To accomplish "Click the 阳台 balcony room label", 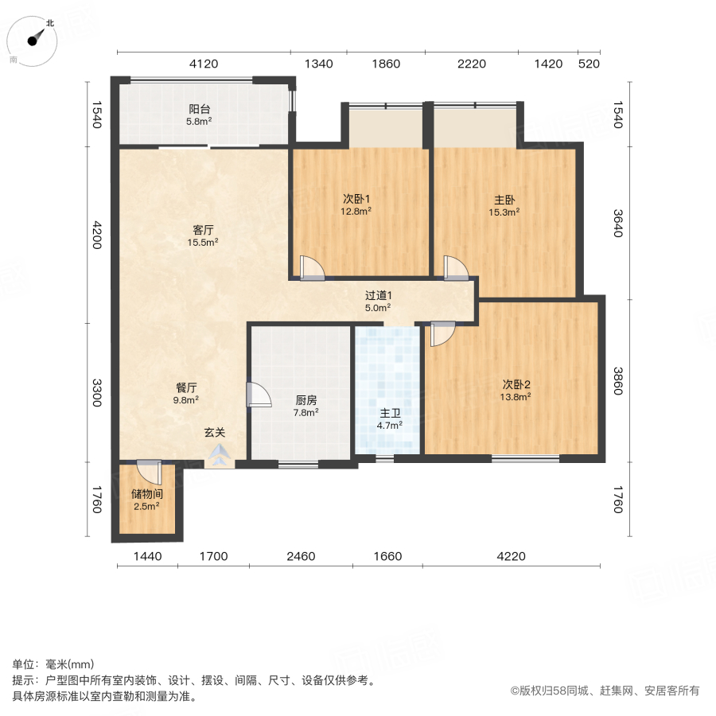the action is [200, 109].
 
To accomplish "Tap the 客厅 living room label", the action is [203, 230].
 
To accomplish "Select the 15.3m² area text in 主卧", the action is [504, 212].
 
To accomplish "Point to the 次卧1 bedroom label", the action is [356, 199].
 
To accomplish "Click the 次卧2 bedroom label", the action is [516, 384].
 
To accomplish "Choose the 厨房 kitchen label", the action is [306, 400].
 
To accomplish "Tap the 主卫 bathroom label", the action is [390, 413].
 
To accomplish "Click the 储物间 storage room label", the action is [146, 493].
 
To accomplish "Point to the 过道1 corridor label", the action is [379, 295].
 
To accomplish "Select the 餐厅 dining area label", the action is [186, 387].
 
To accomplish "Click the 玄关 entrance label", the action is [215, 432].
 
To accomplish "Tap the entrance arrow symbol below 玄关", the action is [220, 455].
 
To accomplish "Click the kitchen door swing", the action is [259, 395].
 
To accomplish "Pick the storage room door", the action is [150, 472].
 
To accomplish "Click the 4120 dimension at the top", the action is [204, 64].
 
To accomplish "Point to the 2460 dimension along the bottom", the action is [301, 556].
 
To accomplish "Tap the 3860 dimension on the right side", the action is [618, 381].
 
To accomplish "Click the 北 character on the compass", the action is [50, 23].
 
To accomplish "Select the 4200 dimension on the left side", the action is [97, 235].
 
